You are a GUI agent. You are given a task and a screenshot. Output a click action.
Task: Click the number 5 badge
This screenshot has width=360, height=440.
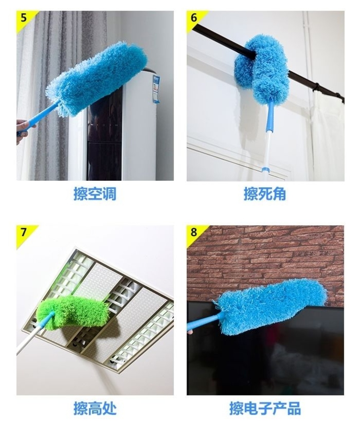point(24,18)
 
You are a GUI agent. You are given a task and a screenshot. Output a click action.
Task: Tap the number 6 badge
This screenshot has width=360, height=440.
point(194,18)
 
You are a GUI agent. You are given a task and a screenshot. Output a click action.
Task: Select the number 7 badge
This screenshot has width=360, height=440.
point(24,232)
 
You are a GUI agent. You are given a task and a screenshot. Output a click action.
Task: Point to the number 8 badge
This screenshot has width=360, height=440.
point(194,232)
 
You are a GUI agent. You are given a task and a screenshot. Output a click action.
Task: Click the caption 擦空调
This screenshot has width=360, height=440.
point(95,194)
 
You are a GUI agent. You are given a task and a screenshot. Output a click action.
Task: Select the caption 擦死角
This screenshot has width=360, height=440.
point(265,194)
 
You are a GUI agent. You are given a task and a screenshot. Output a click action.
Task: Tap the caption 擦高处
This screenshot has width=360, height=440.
point(95,408)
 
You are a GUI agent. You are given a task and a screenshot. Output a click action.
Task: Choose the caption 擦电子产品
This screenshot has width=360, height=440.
point(265,408)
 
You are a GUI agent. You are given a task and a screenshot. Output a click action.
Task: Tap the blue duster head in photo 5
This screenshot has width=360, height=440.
point(96,79)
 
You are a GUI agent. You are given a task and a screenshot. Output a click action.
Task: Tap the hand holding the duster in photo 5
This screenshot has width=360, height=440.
point(24,131)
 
